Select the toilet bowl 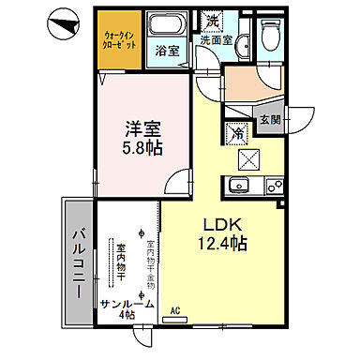pyautogui.click(x=270, y=35)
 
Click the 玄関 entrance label pyautogui.click(x=269, y=120)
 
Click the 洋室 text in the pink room pyautogui.click(x=140, y=124)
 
